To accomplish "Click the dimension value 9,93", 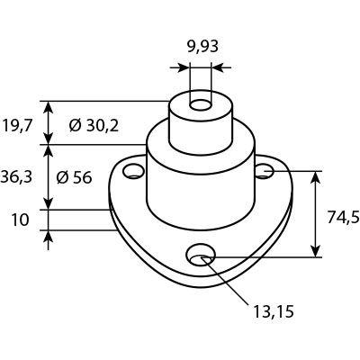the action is [x=202, y=47].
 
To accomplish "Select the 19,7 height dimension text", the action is [x=17, y=126].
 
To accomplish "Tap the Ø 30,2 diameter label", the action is [x=94, y=126].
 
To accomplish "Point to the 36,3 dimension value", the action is [x=16, y=177].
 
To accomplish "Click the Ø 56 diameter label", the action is [x=74, y=178].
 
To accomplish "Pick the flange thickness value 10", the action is [x=21, y=220].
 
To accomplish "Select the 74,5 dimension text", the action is [x=343, y=217].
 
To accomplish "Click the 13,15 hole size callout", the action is [x=274, y=311].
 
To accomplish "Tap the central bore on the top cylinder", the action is [x=201, y=105].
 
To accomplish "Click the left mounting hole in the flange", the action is [x=133, y=171].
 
